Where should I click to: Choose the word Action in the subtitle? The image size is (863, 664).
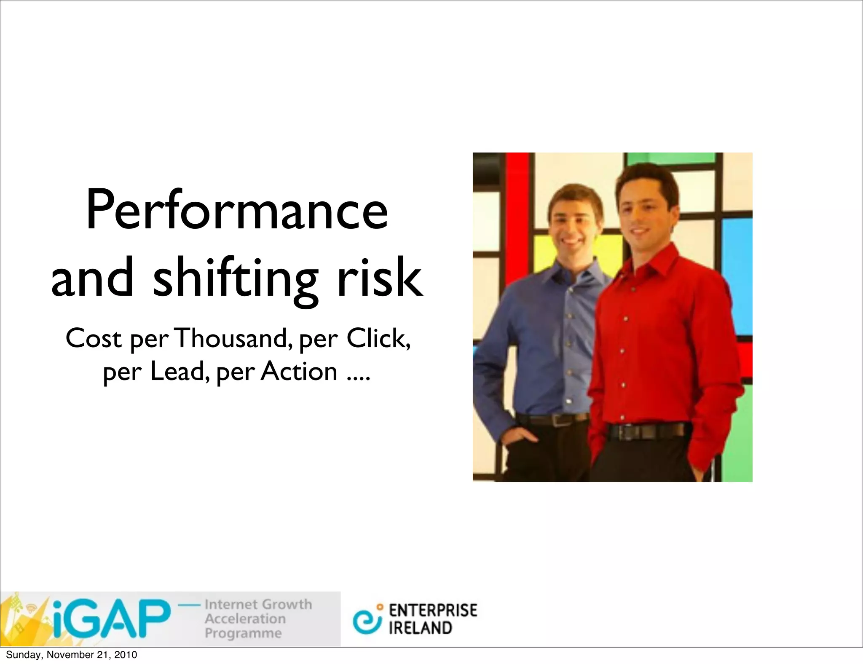tap(299, 372)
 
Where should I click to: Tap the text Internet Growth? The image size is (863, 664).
tap(258, 604)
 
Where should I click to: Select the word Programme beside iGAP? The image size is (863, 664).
tap(243, 633)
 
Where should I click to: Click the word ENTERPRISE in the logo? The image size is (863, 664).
tap(433, 610)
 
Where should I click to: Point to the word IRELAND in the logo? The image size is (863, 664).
tap(420, 628)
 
